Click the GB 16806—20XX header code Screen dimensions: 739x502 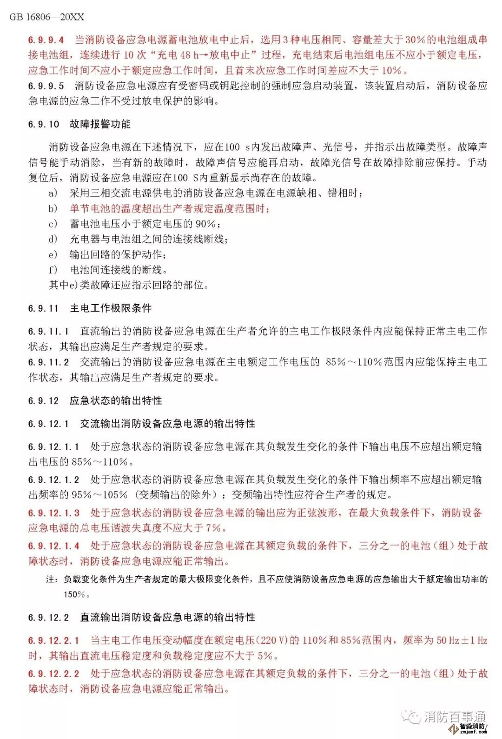[x=47, y=17]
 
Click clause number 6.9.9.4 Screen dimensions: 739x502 [x=46, y=40]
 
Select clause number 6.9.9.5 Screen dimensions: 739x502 [x=46, y=86]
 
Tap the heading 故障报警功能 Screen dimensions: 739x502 [x=100, y=124]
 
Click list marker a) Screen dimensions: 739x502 [x=53, y=193]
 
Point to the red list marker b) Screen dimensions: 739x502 [x=53, y=208]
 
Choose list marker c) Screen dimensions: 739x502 [x=53, y=224]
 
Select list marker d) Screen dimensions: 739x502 [x=53, y=239]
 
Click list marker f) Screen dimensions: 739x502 [x=53, y=270]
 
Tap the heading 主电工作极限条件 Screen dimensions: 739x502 [x=111, y=308]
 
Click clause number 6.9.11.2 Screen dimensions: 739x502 [x=48, y=362]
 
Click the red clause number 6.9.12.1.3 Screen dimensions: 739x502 [x=53, y=513]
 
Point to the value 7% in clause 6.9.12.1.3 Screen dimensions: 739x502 [x=214, y=528]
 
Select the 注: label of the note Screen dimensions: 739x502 [x=51, y=579]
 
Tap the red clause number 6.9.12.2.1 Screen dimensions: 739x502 [x=53, y=640]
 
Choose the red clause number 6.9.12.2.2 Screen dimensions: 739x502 [x=53, y=673]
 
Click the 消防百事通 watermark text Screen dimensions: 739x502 [x=454, y=717]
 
